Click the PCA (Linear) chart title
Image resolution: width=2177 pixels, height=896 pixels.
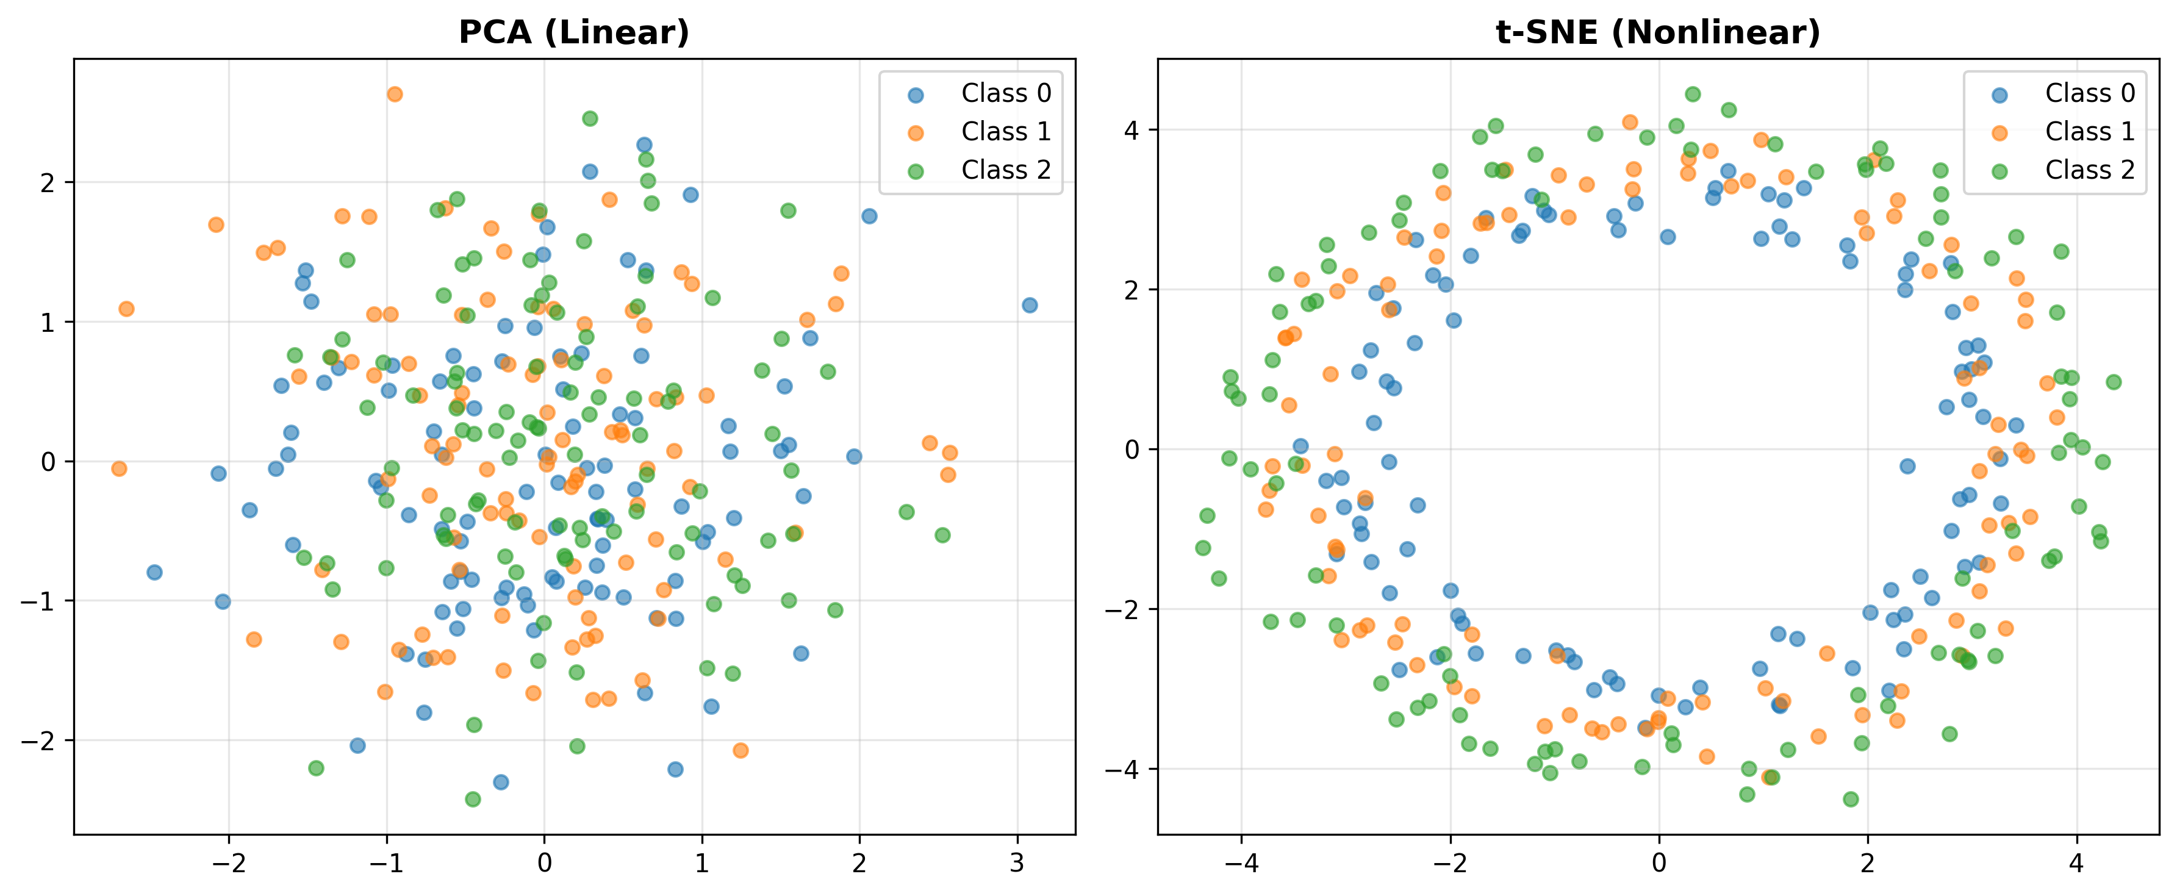[x=574, y=32]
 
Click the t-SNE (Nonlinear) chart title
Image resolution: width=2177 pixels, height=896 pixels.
[x=1657, y=32]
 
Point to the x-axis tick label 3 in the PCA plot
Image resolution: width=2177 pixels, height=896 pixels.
[x=1017, y=863]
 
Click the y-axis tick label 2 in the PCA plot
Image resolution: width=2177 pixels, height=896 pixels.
[x=48, y=182]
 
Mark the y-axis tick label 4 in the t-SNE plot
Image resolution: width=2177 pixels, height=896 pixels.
[x=1132, y=130]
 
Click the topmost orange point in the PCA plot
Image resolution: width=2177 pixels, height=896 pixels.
[x=395, y=94]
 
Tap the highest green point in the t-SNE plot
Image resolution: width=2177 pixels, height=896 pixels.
[x=1693, y=94]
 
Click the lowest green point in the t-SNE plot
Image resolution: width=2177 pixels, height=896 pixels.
[x=1851, y=799]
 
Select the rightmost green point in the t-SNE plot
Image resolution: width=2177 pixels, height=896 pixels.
[x=2114, y=382]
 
